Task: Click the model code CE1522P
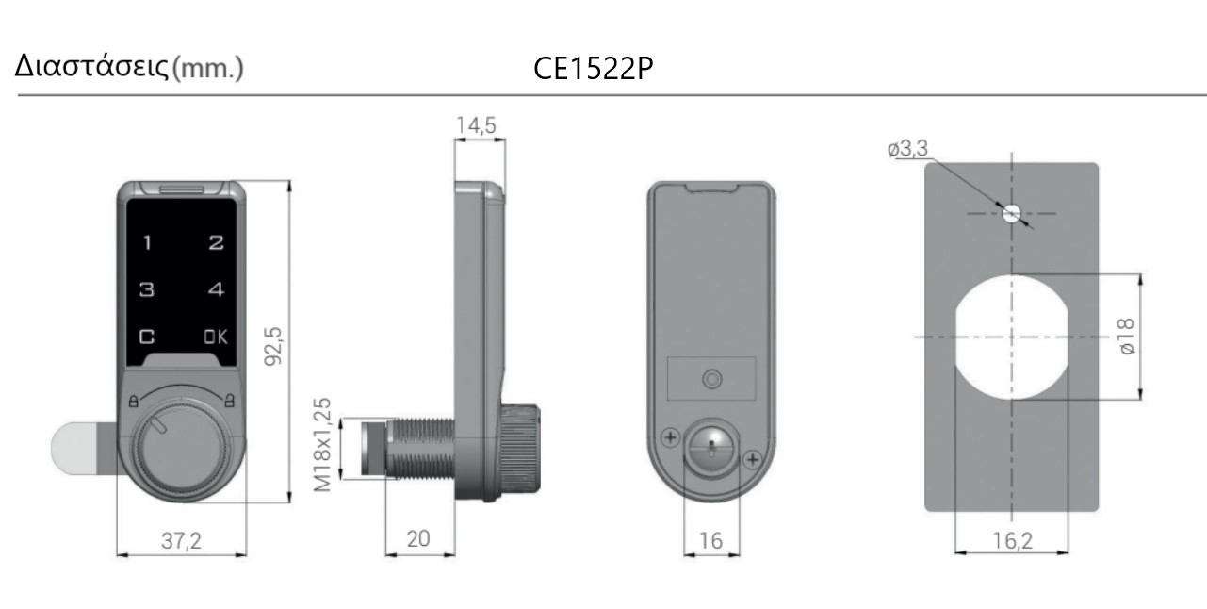594,69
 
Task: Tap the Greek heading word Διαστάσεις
91,67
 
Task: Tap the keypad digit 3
147,289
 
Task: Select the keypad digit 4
216,289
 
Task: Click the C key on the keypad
147,337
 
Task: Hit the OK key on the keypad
216,337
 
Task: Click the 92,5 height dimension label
273,346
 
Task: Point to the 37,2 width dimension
181,540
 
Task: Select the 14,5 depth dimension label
476,125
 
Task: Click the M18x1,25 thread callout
322,445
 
